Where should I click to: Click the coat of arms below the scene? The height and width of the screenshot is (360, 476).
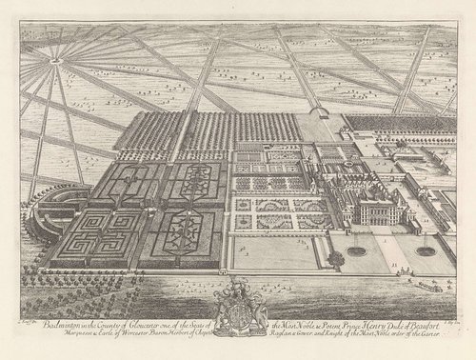coord(238,309)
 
